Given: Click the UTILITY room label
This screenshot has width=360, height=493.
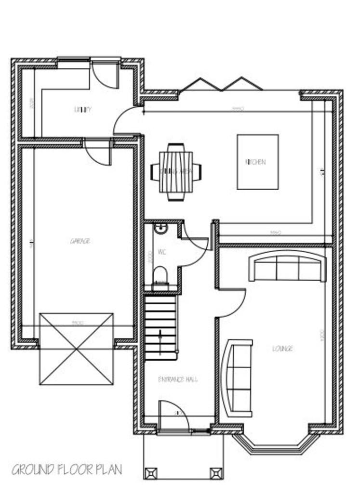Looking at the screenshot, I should click(x=83, y=110).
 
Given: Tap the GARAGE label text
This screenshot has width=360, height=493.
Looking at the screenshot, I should click(x=80, y=241).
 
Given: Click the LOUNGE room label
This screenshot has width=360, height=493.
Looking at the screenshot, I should click(x=282, y=348).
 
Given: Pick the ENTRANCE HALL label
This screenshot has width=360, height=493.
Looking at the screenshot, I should click(x=178, y=379).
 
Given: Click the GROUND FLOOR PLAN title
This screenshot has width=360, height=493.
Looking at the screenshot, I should click(x=67, y=469).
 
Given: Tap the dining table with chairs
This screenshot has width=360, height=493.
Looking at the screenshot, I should click(x=176, y=171).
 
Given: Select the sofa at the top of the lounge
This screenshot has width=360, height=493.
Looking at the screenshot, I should click(x=287, y=268).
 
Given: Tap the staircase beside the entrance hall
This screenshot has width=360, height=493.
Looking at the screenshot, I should click(x=160, y=328).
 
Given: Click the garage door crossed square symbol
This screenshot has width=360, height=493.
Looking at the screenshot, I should click(x=77, y=349).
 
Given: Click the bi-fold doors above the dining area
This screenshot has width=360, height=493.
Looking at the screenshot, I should click(x=222, y=85).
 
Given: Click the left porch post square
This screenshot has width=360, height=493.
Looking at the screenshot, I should click(x=150, y=474).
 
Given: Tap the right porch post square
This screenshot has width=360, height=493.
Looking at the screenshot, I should click(x=215, y=474).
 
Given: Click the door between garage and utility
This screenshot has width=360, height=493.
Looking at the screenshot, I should click(x=98, y=151).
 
